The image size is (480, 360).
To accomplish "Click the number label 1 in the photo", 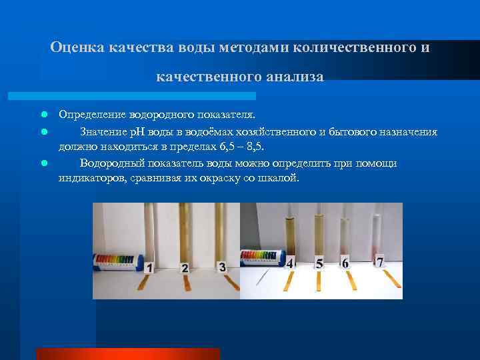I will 149,269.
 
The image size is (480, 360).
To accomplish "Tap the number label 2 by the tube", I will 185,269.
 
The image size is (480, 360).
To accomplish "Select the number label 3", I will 222,267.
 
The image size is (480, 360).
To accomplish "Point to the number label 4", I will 291,263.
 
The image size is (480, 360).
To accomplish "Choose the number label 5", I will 319,264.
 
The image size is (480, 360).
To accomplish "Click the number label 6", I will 345,263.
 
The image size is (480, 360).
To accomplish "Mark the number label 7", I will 379,261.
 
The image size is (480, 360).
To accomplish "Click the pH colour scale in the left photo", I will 116,261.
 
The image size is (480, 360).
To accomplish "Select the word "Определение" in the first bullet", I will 92,114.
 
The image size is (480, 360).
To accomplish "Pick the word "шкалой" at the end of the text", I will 279,179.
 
